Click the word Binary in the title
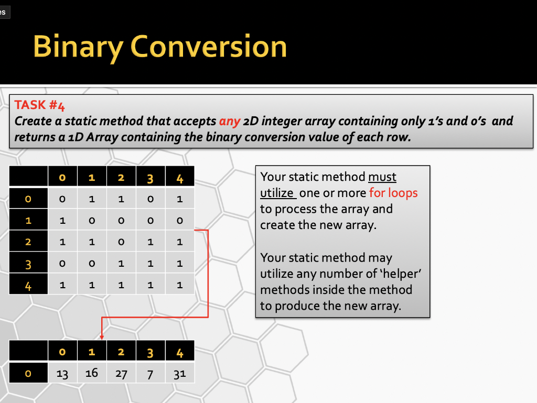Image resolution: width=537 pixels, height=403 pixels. (x=79, y=47)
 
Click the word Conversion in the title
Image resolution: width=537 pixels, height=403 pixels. (x=209, y=47)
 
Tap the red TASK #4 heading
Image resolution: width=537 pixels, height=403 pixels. (x=39, y=105)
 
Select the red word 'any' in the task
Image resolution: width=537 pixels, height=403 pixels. (x=230, y=122)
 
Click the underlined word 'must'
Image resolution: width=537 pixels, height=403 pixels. (x=382, y=177)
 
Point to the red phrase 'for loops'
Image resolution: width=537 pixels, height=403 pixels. (x=393, y=193)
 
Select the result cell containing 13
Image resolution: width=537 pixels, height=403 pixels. (x=63, y=373)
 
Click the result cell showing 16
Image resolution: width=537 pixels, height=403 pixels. (x=92, y=373)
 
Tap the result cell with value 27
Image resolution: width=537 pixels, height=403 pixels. (x=121, y=373)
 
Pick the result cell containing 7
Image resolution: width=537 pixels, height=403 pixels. (x=151, y=373)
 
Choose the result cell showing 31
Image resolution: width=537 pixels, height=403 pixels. (x=180, y=373)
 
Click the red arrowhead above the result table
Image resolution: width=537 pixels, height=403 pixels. (x=102, y=337)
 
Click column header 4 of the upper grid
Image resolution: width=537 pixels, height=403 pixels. (x=180, y=177)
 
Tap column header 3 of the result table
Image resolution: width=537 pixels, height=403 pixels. (x=151, y=351)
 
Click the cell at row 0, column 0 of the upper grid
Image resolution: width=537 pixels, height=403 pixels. (x=63, y=199)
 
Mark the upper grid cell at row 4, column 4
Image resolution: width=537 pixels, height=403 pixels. (x=180, y=284)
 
